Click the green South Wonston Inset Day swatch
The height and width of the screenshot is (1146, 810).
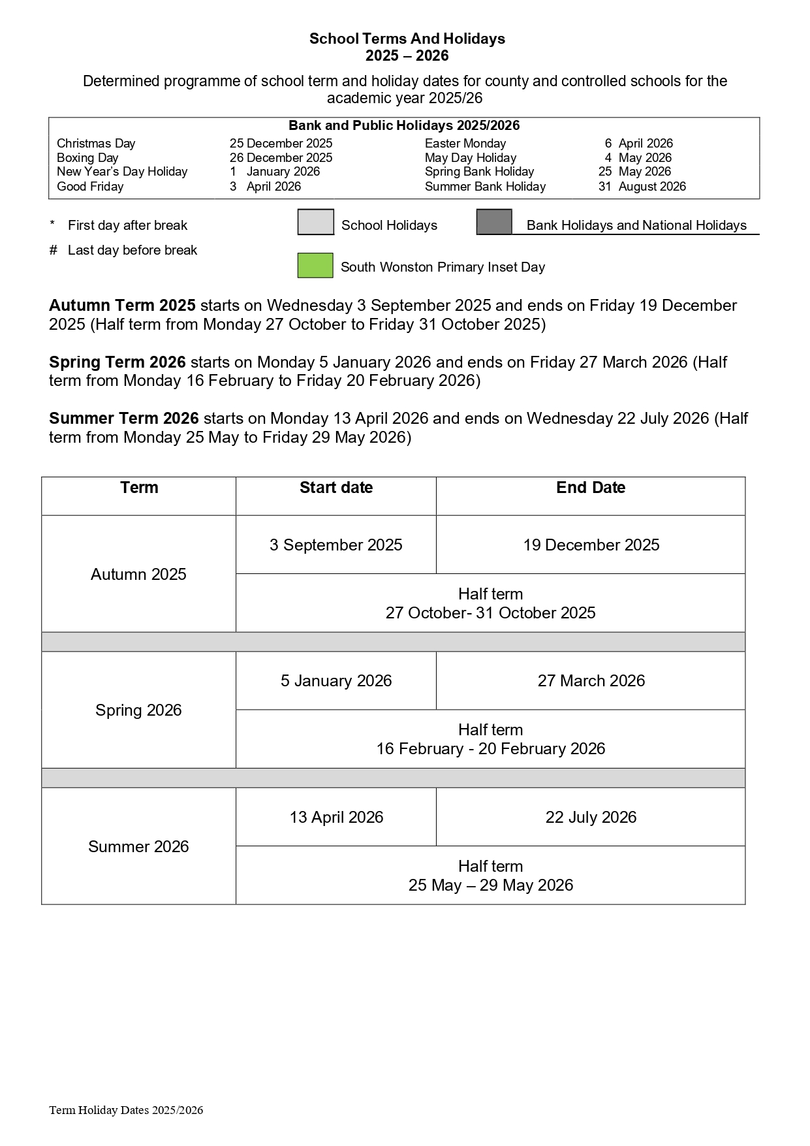[x=315, y=266]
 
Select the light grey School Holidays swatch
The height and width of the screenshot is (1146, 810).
[x=315, y=222]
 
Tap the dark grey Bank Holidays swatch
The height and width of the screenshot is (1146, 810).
[x=494, y=222]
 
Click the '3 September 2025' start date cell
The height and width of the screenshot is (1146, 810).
[x=336, y=545]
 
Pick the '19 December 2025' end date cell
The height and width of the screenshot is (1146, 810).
[x=591, y=545]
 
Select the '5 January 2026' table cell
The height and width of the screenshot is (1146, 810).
[x=336, y=681]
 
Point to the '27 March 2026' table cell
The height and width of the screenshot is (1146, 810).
[x=591, y=681]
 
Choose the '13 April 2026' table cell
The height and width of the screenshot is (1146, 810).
[x=336, y=818]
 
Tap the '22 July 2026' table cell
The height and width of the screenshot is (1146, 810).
[x=591, y=818]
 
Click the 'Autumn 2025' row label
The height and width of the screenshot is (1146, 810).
[x=138, y=575]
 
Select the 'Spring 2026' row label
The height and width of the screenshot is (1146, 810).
[x=138, y=710]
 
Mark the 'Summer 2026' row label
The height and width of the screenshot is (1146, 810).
[x=138, y=847]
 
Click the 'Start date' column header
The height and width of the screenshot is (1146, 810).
[x=336, y=488]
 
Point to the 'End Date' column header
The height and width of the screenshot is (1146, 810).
[x=591, y=488]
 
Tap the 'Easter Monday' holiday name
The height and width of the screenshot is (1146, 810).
[x=465, y=144]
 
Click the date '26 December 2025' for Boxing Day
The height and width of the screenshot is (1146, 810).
[x=281, y=158]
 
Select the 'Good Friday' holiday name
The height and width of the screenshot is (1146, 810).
[x=90, y=187]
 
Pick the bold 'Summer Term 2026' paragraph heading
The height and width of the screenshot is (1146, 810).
[x=124, y=419]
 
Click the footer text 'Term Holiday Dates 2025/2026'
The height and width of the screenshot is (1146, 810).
[x=126, y=1110]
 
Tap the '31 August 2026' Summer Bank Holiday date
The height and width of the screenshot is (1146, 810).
[x=642, y=187]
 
